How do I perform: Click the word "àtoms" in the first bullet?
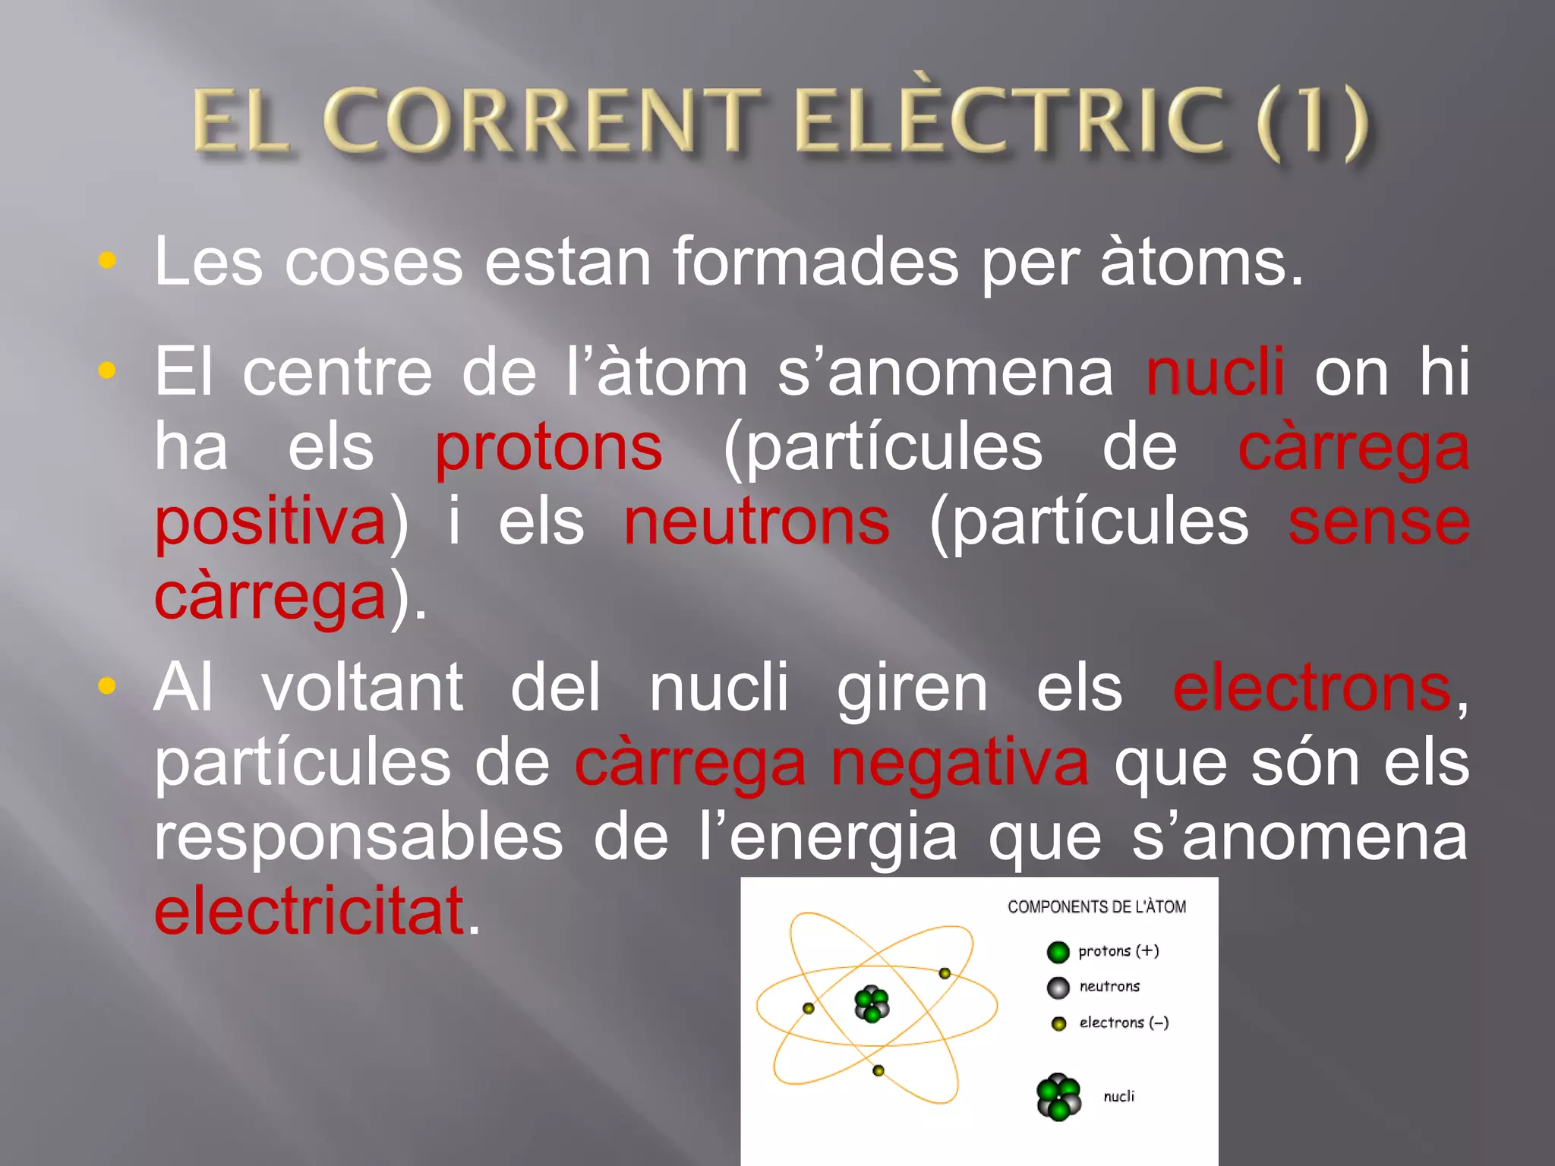(x=1194, y=262)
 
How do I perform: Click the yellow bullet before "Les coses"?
(x=107, y=260)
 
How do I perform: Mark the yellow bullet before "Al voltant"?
(x=107, y=686)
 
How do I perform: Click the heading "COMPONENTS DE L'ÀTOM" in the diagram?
(x=1096, y=906)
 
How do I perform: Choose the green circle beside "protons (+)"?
(x=1058, y=952)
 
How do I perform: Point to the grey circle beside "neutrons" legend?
(x=1058, y=988)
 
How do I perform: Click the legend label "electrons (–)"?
(x=1124, y=1023)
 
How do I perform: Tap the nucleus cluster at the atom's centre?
(x=872, y=1004)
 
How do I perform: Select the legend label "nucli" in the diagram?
(x=1118, y=1096)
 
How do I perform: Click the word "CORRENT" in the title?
(x=542, y=121)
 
